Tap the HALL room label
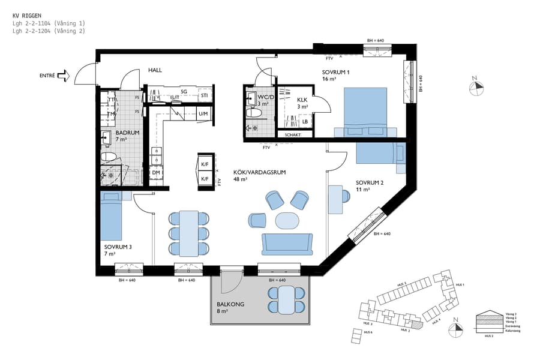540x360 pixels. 155,70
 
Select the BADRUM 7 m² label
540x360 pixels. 128,136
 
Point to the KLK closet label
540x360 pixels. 302,103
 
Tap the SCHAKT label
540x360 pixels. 302,135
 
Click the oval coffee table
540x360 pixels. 286,220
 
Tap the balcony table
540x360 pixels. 286,299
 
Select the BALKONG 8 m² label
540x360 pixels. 230,308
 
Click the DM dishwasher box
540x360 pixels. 156,173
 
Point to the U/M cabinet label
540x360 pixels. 203,113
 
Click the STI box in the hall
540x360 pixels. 204,95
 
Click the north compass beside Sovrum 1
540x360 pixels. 477,86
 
